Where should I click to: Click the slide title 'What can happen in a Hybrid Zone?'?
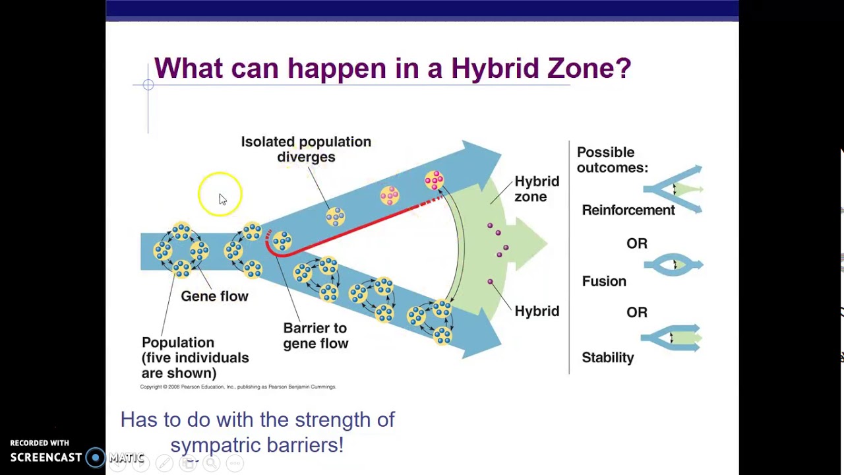[392, 68]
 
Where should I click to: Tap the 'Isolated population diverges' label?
[306, 149]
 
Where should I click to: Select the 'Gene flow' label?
[214, 296]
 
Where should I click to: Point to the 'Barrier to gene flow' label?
[315, 336]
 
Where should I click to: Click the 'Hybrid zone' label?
[537, 189]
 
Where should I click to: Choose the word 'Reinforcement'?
[628, 210]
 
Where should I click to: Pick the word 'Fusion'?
[604, 281]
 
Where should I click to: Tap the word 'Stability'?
[607, 358]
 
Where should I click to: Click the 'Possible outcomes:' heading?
[613, 160]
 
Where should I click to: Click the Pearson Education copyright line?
[238, 387]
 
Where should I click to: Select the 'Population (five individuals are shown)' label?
[195, 358]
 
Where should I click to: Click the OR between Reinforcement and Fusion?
[637, 243]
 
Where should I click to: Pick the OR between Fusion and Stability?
[637, 312]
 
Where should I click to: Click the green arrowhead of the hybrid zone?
[527, 243]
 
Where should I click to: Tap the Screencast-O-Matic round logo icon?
[96, 457]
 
